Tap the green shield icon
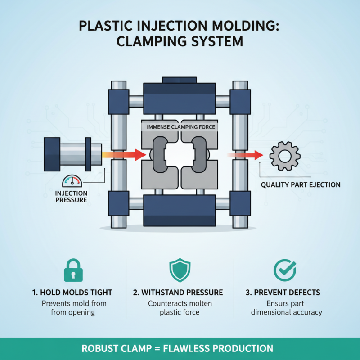[180, 270]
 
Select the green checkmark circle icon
[285, 270]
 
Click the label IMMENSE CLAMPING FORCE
[181, 127]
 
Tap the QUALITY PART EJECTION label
[301, 184]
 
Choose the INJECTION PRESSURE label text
[71, 197]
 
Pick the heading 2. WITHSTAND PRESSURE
[180, 292]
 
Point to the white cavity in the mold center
[180, 155]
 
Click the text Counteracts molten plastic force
[180, 308]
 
